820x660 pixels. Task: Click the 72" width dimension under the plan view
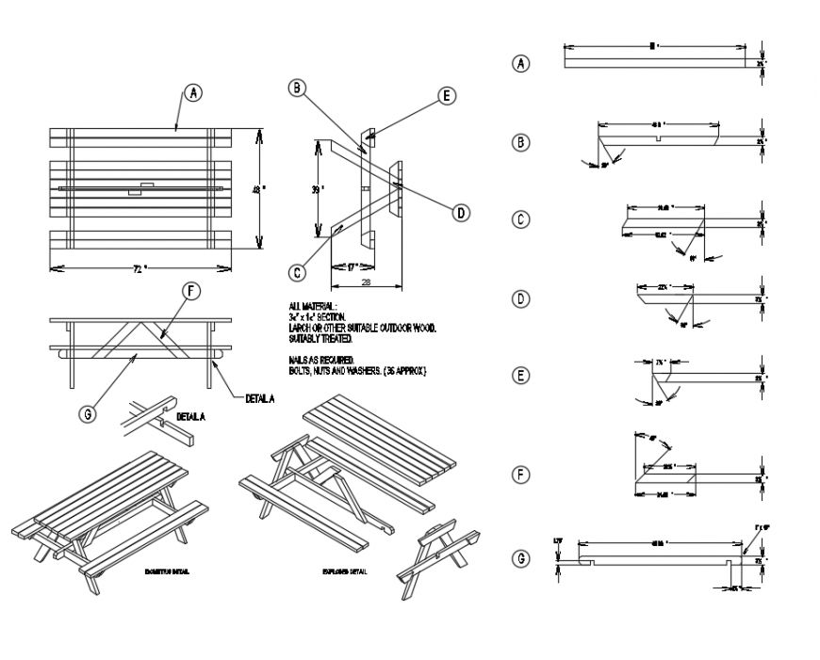[x=139, y=269]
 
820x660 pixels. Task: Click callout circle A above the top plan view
[x=192, y=93]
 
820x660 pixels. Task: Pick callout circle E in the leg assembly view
[x=447, y=96]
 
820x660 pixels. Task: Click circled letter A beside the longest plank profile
[x=520, y=64]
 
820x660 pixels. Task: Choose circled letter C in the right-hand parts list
[x=520, y=220]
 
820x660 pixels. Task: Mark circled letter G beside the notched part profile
[x=520, y=558]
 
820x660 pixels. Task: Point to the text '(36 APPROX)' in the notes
[x=407, y=372]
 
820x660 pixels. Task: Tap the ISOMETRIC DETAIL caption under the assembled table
[x=167, y=571]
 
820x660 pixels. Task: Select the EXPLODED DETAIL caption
[x=344, y=571]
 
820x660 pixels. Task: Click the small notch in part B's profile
[x=658, y=139]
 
